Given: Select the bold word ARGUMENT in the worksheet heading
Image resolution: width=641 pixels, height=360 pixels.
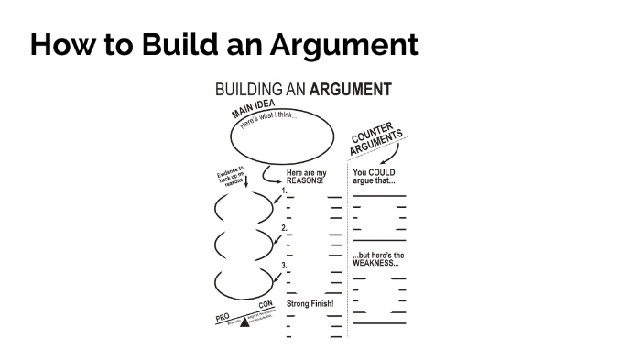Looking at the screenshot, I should (351, 90).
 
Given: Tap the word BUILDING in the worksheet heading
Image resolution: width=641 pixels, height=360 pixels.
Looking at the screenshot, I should (247, 90).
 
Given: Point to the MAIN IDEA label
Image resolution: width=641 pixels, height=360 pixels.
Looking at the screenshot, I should (254, 110).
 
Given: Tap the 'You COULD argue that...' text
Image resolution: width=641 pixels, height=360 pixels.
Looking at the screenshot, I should (375, 176).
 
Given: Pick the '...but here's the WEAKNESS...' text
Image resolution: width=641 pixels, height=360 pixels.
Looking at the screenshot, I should (378, 258).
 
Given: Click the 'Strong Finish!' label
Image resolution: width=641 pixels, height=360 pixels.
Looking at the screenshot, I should (310, 303).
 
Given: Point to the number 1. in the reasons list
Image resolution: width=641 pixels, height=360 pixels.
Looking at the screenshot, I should (284, 191).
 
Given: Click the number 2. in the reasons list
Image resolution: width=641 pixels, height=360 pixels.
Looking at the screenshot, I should (284, 228).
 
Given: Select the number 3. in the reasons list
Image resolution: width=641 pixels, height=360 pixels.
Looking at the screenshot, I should (284, 266).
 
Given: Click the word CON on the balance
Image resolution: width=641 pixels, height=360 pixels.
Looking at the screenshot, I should (266, 304).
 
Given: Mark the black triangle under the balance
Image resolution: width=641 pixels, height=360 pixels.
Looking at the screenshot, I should (244, 322).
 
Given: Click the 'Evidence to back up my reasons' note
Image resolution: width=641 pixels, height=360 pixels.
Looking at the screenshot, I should (231, 174).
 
